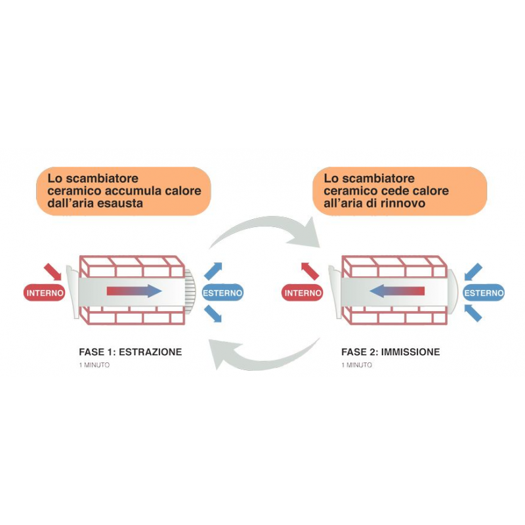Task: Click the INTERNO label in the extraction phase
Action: tap(45, 293)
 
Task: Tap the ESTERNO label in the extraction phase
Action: tap(222, 293)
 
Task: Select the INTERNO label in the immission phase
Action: tap(303, 293)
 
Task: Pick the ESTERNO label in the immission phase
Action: tap(484, 293)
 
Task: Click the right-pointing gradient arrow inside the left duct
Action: tap(134, 291)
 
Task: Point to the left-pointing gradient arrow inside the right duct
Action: tap(397, 291)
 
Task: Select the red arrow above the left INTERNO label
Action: tap(52, 272)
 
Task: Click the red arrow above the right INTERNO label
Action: tap(310, 271)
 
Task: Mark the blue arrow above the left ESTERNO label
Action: tap(213, 271)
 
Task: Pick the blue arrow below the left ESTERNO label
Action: tap(213, 314)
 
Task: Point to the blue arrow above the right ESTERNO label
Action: tap(473, 272)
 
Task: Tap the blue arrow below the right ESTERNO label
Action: tap(473, 313)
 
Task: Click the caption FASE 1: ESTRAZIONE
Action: tap(131, 352)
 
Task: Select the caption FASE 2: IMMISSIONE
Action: tap(390, 352)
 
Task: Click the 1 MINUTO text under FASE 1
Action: tap(94, 365)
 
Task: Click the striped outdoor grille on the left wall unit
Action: tap(190, 292)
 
